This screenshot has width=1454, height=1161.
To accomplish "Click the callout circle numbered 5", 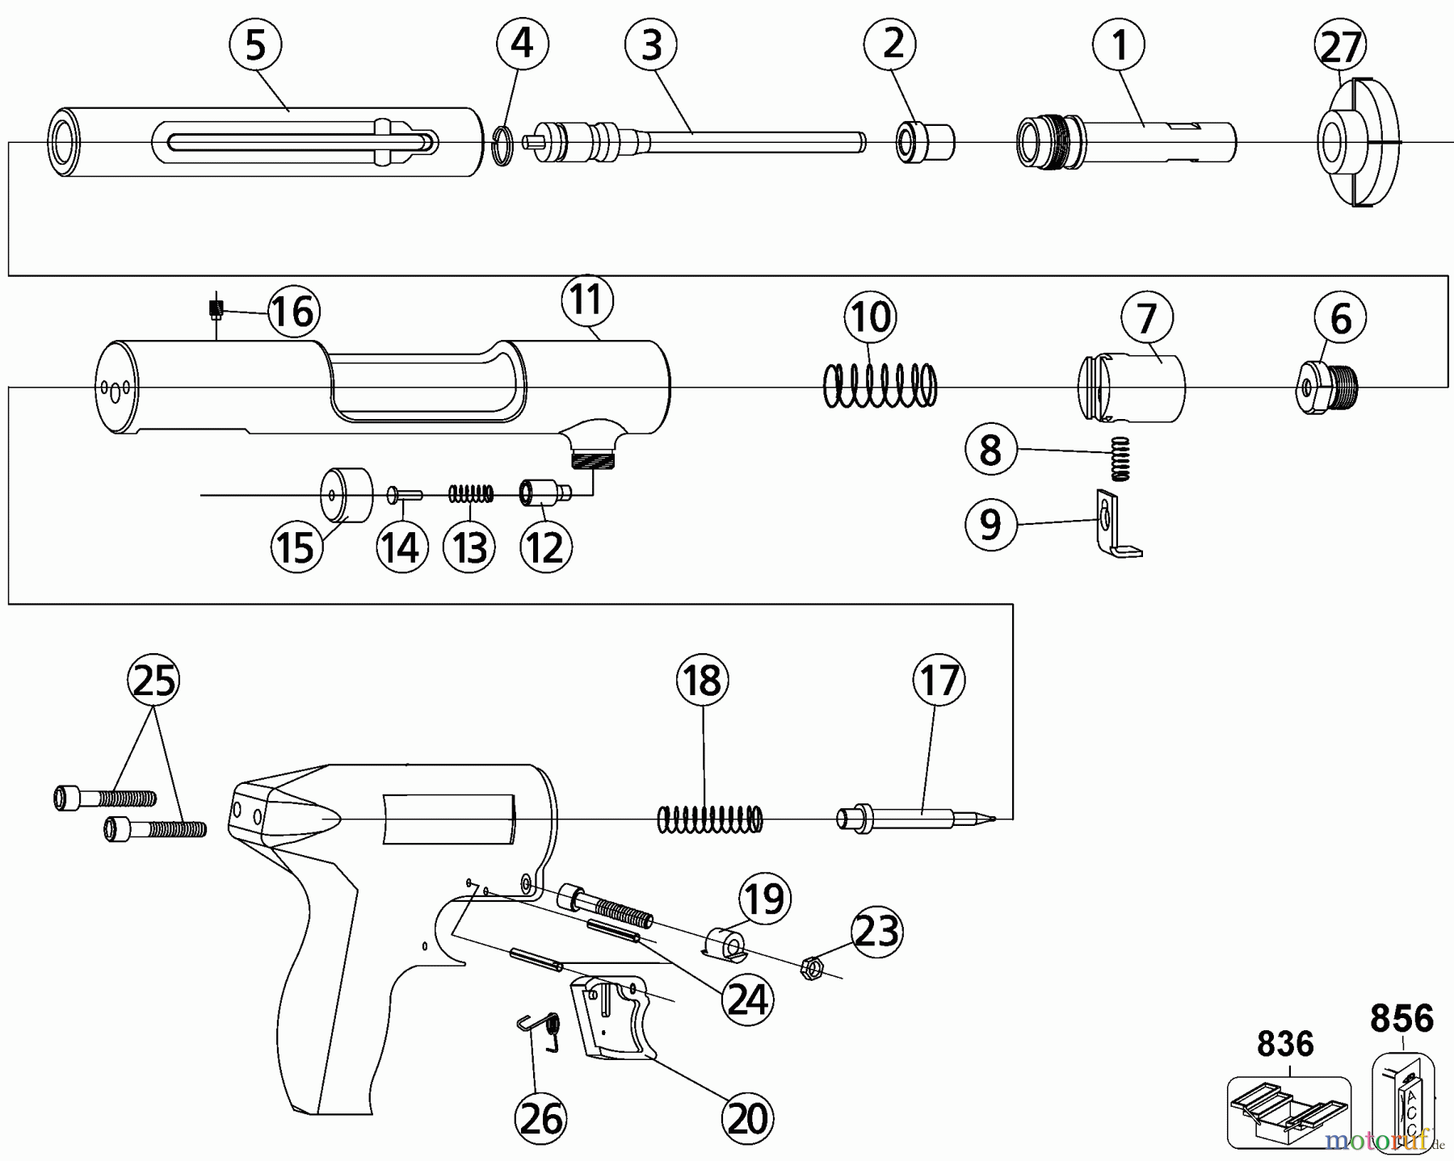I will click(255, 45).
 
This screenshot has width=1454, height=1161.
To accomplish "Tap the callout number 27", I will click(1341, 47).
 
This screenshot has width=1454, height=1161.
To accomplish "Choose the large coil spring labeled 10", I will click(880, 385).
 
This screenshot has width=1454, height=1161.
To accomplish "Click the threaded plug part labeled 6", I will click(1328, 387).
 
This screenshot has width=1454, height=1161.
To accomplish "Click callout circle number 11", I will click(587, 300).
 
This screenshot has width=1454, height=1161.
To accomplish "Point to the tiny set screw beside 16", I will click(216, 308).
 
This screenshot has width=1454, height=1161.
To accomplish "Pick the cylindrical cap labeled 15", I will click(347, 495).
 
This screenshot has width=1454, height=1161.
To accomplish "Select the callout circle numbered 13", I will click(470, 547).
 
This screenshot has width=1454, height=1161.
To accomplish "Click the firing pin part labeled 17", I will click(913, 818).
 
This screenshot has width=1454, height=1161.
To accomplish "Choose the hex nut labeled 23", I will click(810, 967).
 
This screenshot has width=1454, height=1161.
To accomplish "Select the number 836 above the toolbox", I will click(1285, 1045).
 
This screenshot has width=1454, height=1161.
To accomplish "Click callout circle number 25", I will click(154, 681).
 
